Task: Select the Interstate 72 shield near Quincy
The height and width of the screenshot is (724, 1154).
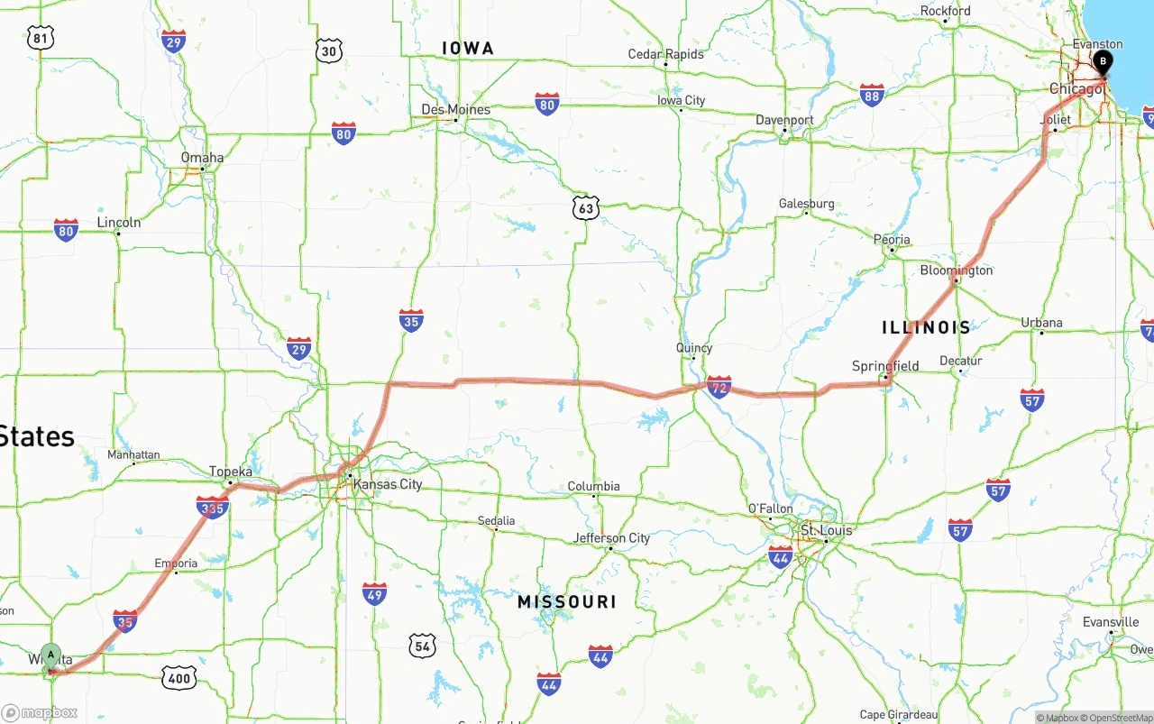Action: pos(719,388)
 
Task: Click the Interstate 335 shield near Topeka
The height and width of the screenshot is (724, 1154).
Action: pos(212,508)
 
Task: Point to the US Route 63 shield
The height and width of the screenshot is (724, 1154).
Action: pos(586,208)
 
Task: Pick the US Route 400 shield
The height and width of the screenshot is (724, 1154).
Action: pos(179,678)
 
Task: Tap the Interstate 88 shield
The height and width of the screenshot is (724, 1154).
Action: pos(871,96)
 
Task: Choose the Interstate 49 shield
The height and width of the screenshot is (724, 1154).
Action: pos(374,593)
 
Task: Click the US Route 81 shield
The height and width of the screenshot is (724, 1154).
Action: pos(41,37)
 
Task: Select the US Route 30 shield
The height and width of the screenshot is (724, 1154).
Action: pos(329,50)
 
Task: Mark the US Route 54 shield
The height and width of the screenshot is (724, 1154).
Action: pos(422,646)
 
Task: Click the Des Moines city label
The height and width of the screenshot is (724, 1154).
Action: pos(456,110)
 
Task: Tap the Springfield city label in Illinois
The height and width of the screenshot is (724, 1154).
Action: pos(885,366)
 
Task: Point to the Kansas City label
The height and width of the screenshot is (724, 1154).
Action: pos(388,484)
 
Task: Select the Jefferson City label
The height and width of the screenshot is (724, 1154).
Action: pos(611,538)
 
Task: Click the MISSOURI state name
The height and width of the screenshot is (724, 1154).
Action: pos(567,601)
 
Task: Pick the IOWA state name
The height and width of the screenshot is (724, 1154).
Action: pos(468,48)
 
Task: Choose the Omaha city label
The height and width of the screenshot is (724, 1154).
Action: pos(202,157)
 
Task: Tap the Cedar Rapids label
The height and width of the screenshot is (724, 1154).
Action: pos(665,54)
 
